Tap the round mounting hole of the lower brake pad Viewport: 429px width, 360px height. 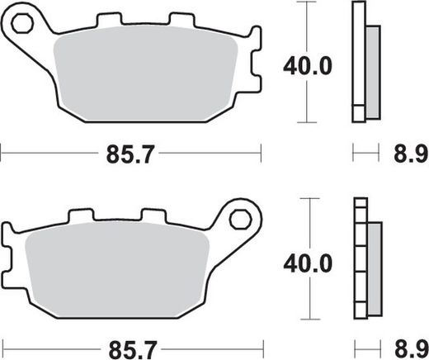coord(240,219)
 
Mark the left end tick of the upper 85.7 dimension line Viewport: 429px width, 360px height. coord(2,152)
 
